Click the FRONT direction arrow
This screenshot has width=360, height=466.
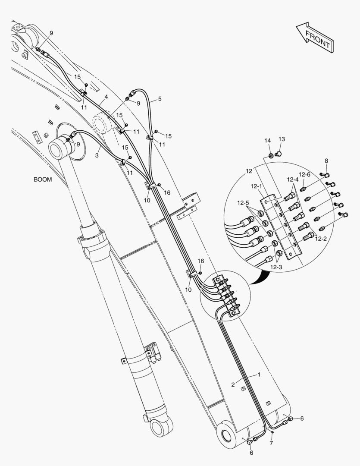(x=314, y=38)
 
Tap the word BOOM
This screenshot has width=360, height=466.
(x=43, y=179)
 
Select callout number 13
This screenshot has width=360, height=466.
(x=282, y=139)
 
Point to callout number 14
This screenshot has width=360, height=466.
(x=267, y=141)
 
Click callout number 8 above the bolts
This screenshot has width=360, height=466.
(x=326, y=161)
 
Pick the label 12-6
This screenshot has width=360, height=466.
(x=304, y=174)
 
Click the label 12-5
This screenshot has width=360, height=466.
(x=242, y=203)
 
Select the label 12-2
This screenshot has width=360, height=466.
(x=320, y=238)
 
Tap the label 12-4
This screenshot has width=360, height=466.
(x=292, y=179)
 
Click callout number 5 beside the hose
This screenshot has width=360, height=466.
(x=160, y=99)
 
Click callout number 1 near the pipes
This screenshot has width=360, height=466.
(x=259, y=375)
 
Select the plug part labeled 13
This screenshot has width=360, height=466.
(x=278, y=153)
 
